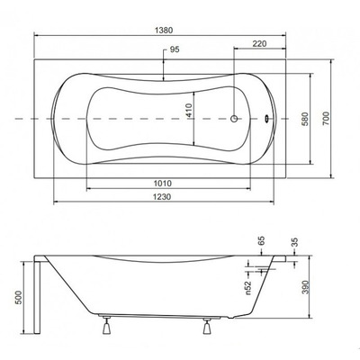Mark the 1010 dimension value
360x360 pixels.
163,181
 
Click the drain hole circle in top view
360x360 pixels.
237,119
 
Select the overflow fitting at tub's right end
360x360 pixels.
267,118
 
